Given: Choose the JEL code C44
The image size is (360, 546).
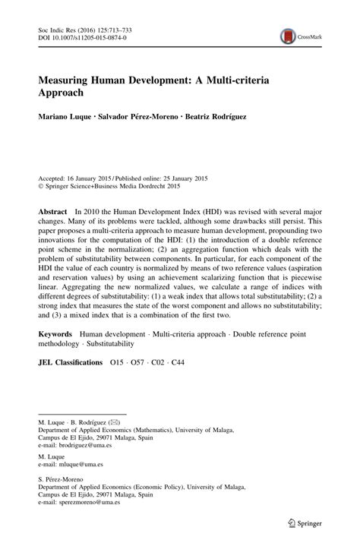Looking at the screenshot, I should tap(178, 362).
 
